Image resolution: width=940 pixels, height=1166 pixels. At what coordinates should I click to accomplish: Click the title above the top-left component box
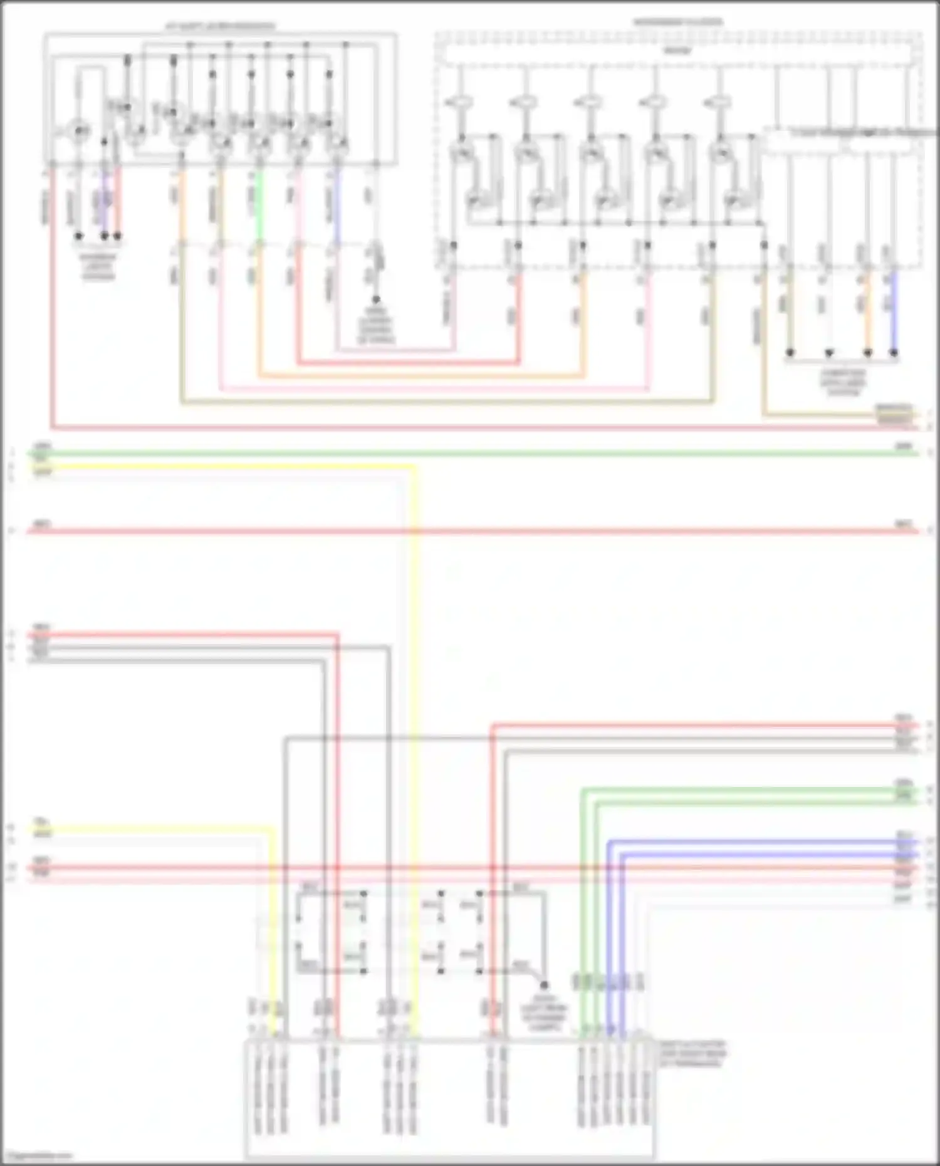220,27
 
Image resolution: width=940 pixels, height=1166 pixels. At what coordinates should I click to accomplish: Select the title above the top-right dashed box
678,23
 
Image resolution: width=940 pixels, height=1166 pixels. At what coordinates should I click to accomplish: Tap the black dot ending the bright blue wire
894,353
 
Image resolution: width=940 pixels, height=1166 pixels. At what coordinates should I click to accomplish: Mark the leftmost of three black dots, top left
79,236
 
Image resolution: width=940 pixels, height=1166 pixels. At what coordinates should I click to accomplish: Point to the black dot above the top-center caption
376,300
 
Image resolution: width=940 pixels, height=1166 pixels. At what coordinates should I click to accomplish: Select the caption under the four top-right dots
842,382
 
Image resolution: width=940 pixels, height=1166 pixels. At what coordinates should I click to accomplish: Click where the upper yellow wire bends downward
414,467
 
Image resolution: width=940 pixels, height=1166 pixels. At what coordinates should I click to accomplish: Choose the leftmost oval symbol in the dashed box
459,102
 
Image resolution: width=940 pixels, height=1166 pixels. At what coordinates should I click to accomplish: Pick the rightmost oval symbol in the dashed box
717,102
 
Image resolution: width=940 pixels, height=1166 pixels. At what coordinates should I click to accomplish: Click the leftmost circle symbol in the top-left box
79,131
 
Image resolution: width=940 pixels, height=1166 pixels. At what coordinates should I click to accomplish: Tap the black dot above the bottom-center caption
544,986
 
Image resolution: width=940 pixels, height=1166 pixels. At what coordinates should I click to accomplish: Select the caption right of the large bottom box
692,1054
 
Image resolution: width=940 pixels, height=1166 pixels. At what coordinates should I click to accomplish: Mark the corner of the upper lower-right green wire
583,791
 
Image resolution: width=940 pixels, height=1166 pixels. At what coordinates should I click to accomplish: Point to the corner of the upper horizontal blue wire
609,843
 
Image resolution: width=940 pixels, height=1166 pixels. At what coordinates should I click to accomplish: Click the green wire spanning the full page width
470,453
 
